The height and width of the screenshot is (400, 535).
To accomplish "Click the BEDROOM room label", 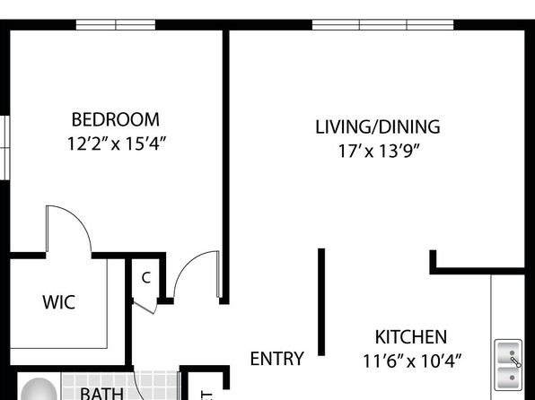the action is click(115, 119).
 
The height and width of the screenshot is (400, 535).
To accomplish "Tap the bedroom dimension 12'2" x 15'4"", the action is click(117, 143).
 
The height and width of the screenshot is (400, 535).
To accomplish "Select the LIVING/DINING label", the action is click(377, 126).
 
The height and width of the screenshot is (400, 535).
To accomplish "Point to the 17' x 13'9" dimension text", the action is click(378, 151).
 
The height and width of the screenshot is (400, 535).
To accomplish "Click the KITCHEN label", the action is click(411, 337).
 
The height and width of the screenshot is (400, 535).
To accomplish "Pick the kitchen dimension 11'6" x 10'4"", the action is click(412, 361).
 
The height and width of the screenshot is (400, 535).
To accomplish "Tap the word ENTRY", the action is click(276, 359).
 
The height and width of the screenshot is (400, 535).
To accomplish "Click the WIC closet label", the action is click(58, 302).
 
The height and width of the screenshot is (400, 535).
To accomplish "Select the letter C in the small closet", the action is click(146, 278).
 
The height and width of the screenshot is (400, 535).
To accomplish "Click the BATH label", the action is click(101, 394).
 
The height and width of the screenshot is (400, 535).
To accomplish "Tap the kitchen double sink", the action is click(508, 365).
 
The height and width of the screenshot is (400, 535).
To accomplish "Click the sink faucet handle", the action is click(515, 361).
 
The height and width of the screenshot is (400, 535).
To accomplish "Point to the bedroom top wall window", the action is click(116, 25).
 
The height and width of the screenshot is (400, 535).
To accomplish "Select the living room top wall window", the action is click(382, 25).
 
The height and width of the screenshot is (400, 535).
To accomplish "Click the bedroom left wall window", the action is click(4, 148).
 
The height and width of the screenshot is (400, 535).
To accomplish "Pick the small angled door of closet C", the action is click(145, 307).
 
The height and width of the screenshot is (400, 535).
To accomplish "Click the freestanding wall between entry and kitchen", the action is click(321, 302).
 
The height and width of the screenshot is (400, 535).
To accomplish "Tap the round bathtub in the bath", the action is click(39, 390).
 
